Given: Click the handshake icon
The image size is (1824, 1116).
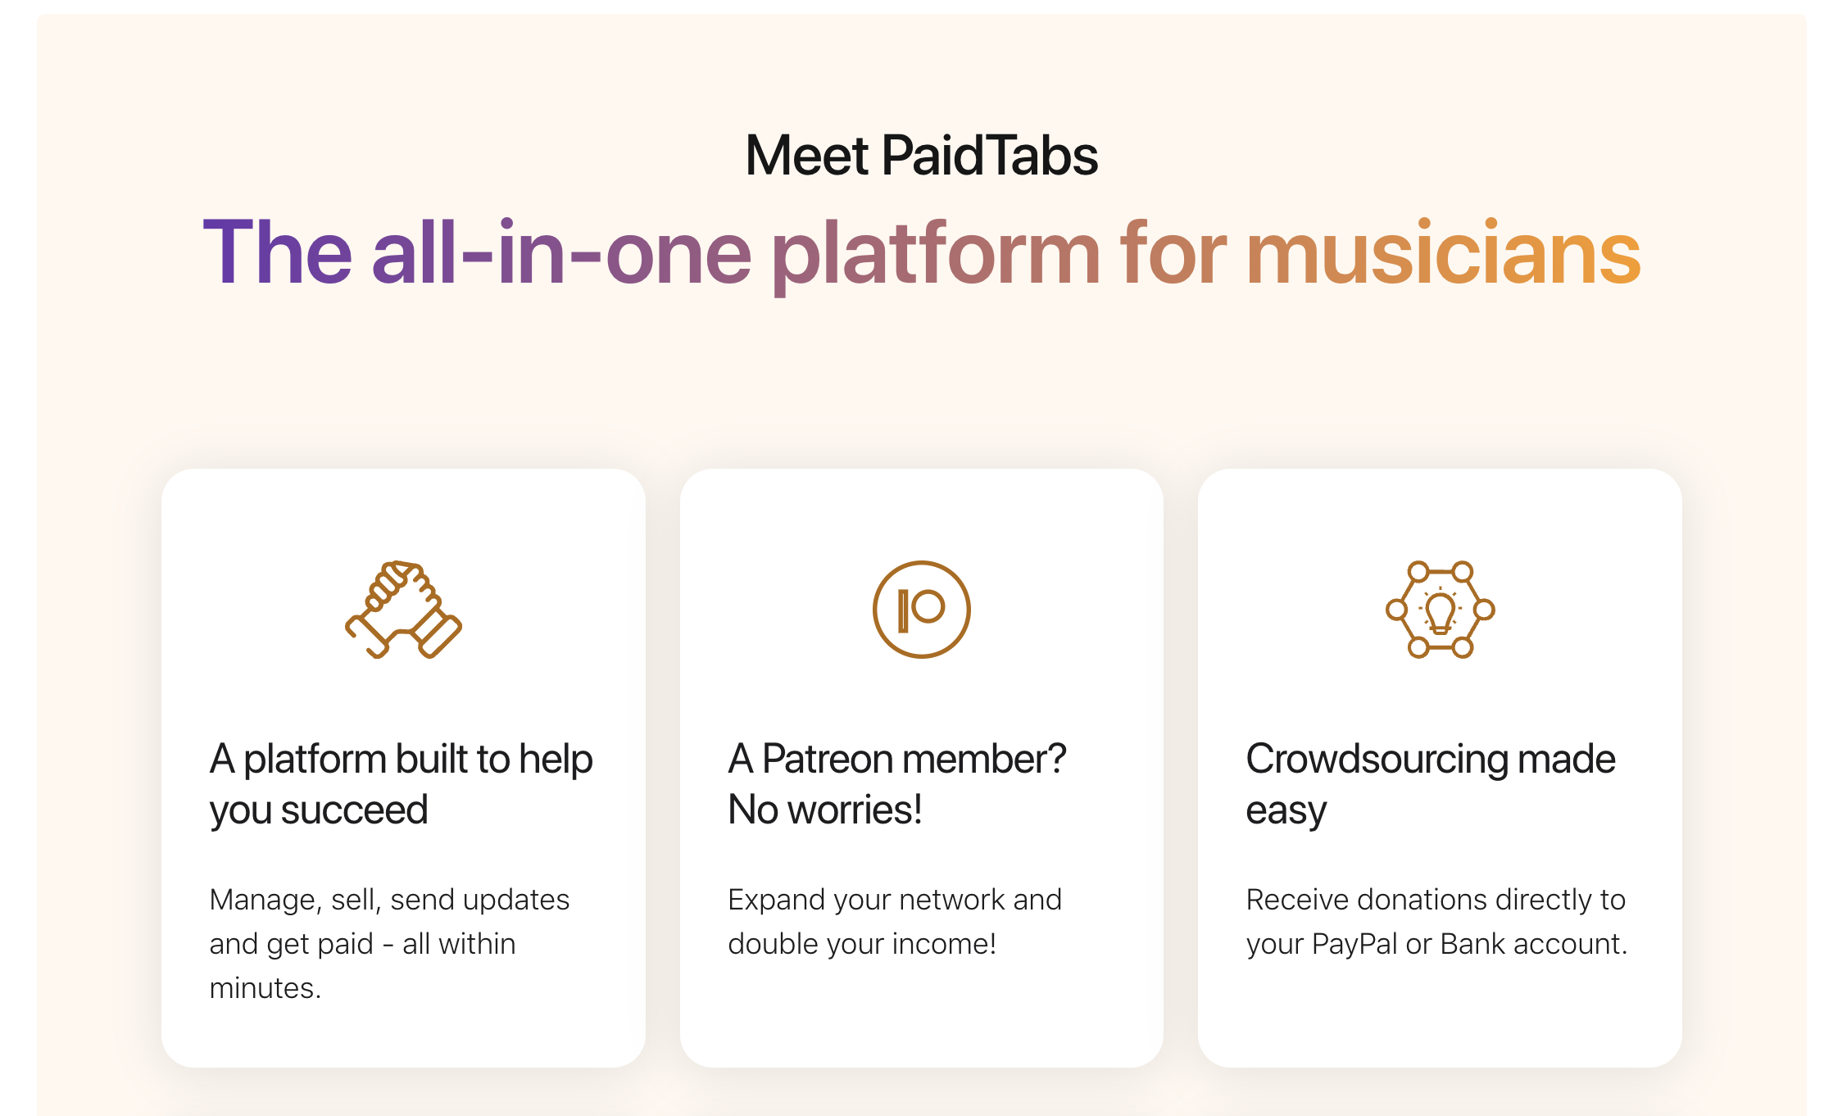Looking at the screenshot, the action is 403,610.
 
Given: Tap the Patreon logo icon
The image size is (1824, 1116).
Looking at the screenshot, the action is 922,610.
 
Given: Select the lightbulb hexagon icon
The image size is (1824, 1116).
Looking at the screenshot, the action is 1440,610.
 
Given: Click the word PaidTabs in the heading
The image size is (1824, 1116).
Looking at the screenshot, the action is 989,156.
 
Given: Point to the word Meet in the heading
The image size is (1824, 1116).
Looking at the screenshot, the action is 806,156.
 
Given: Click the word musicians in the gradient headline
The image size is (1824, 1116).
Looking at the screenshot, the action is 1443,253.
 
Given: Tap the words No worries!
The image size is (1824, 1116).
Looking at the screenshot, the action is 825,810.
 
